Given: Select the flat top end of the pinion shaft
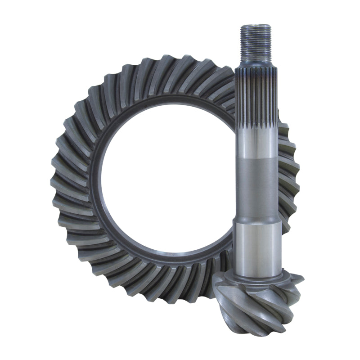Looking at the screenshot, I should (x=255, y=26).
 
